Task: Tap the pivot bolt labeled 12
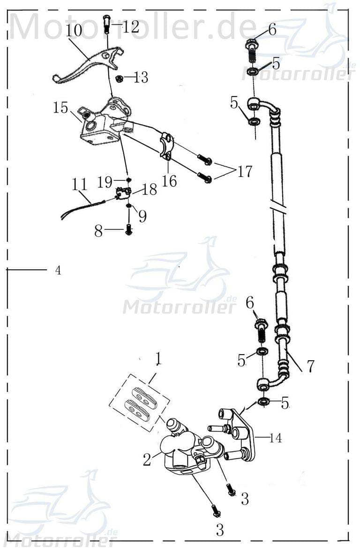tap(106, 23)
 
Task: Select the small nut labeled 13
tap(120, 77)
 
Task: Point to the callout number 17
tap(244, 172)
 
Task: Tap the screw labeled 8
tap(128, 230)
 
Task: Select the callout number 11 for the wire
tap(80, 184)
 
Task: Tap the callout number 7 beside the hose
tap(310, 366)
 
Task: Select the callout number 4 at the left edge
tap(58, 270)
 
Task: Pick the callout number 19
tap(106, 181)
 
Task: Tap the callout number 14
tap(276, 438)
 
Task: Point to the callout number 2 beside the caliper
tap(147, 460)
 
